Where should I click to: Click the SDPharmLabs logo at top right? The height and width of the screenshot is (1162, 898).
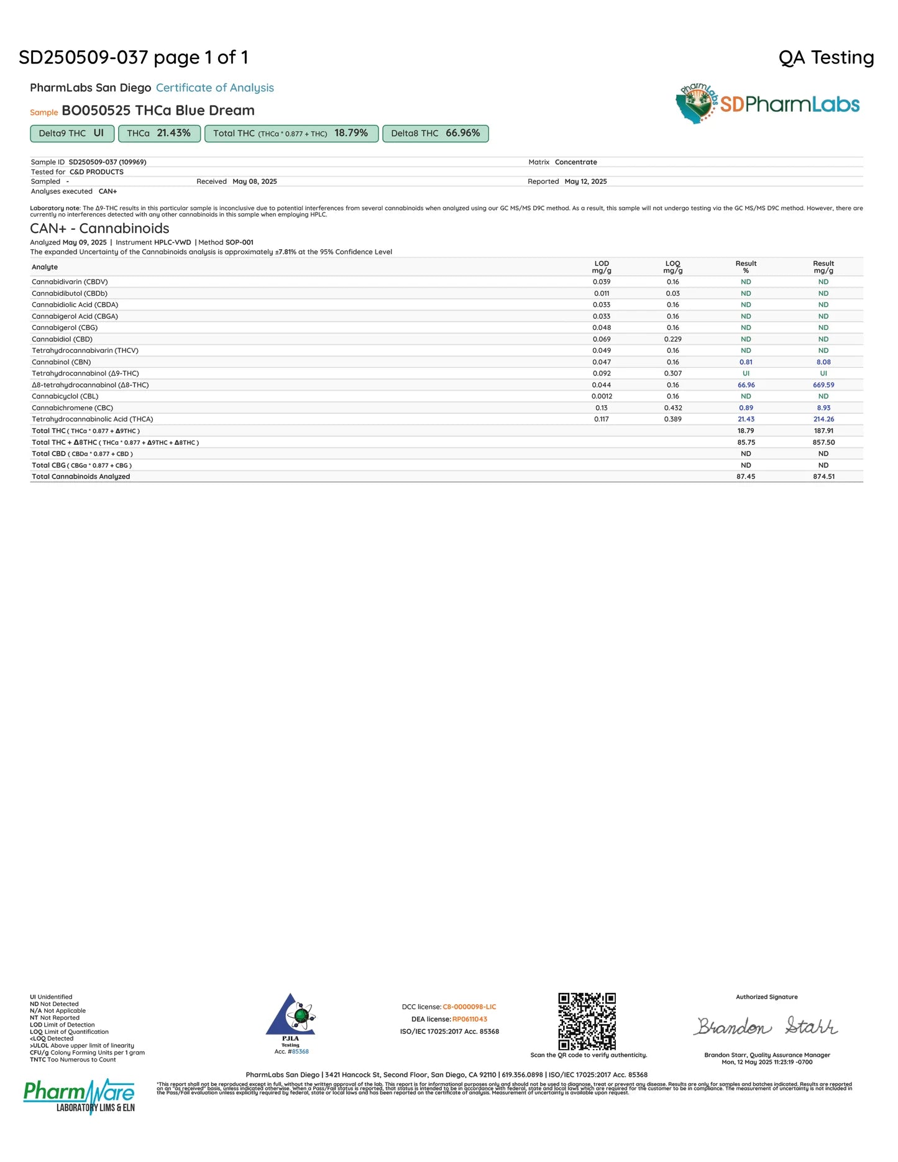767,104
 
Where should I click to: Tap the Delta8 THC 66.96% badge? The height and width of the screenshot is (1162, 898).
435,134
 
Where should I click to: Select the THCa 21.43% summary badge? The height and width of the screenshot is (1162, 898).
158,134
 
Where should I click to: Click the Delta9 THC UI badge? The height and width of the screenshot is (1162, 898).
71,134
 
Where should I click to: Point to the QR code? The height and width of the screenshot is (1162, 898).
587,1021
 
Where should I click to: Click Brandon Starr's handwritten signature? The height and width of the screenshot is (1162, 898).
766,1026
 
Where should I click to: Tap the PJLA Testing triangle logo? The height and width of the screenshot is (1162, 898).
290,1015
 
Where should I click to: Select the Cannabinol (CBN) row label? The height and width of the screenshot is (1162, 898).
62,362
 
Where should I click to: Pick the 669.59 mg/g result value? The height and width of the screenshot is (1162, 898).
823,385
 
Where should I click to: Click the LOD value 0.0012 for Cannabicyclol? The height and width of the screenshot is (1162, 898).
602,396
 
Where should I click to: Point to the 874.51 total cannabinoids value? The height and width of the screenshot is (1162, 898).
823,477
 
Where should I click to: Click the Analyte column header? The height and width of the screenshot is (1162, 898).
45,267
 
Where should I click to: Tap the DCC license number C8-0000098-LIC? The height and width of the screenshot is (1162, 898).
469,1007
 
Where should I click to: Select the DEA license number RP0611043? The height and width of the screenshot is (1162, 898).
470,1019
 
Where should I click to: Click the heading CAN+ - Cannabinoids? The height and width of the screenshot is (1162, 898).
99,229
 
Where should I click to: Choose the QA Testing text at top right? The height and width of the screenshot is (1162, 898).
826,58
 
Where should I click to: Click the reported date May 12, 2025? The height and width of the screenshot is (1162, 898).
585,181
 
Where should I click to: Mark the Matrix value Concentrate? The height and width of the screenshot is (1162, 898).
575,162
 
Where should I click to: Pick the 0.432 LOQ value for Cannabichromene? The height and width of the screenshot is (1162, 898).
673,408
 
